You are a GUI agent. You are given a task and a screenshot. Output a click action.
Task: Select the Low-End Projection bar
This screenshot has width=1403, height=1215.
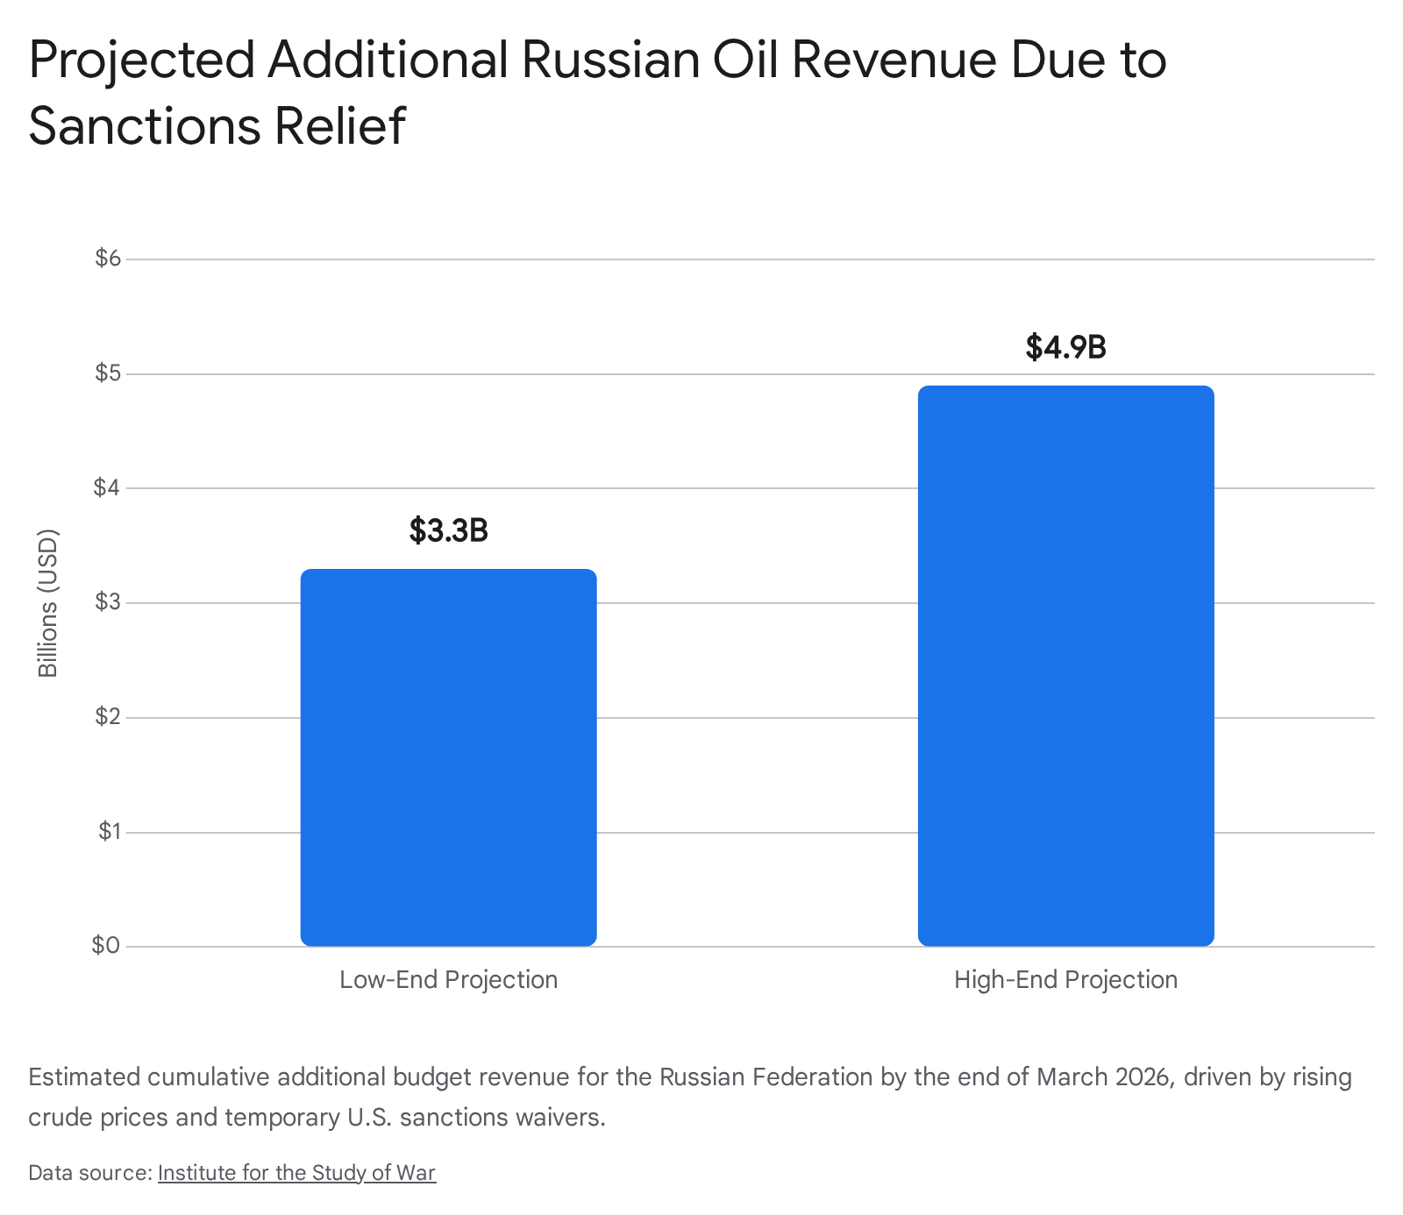(448, 757)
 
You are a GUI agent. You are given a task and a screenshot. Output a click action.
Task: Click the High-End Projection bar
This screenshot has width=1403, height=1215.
(1065, 665)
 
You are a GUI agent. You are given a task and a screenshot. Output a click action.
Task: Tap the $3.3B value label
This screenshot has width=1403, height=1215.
(448, 530)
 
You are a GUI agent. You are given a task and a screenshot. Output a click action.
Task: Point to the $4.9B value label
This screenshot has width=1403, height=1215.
(1065, 347)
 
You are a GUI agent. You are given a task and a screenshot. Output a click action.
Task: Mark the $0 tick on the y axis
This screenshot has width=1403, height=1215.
(107, 946)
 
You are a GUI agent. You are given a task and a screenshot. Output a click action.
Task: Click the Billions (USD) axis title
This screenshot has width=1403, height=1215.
(48, 603)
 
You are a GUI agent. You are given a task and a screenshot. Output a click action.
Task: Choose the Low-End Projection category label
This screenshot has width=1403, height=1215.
(448, 979)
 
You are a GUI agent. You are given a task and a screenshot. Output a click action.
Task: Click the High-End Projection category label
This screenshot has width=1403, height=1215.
(1065, 979)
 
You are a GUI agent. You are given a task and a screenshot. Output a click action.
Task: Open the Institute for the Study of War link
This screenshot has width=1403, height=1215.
(296, 1173)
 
